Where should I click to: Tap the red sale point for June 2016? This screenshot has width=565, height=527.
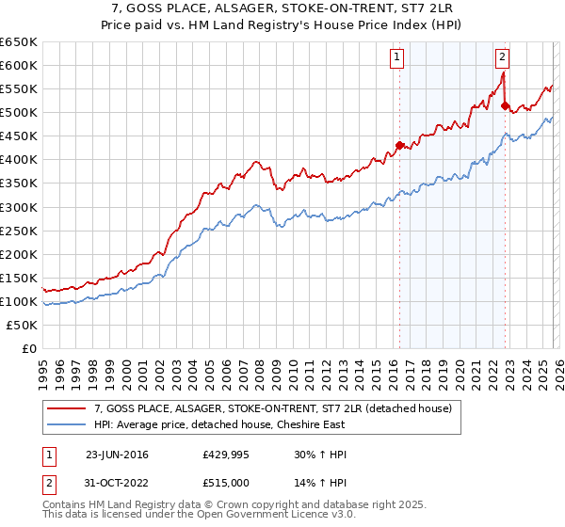[x=399, y=145]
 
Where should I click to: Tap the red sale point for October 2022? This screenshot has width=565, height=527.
[x=505, y=105]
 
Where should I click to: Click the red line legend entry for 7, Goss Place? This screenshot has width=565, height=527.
[x=273, y=408]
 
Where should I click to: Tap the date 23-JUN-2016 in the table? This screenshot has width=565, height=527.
[x=117, y=455]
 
